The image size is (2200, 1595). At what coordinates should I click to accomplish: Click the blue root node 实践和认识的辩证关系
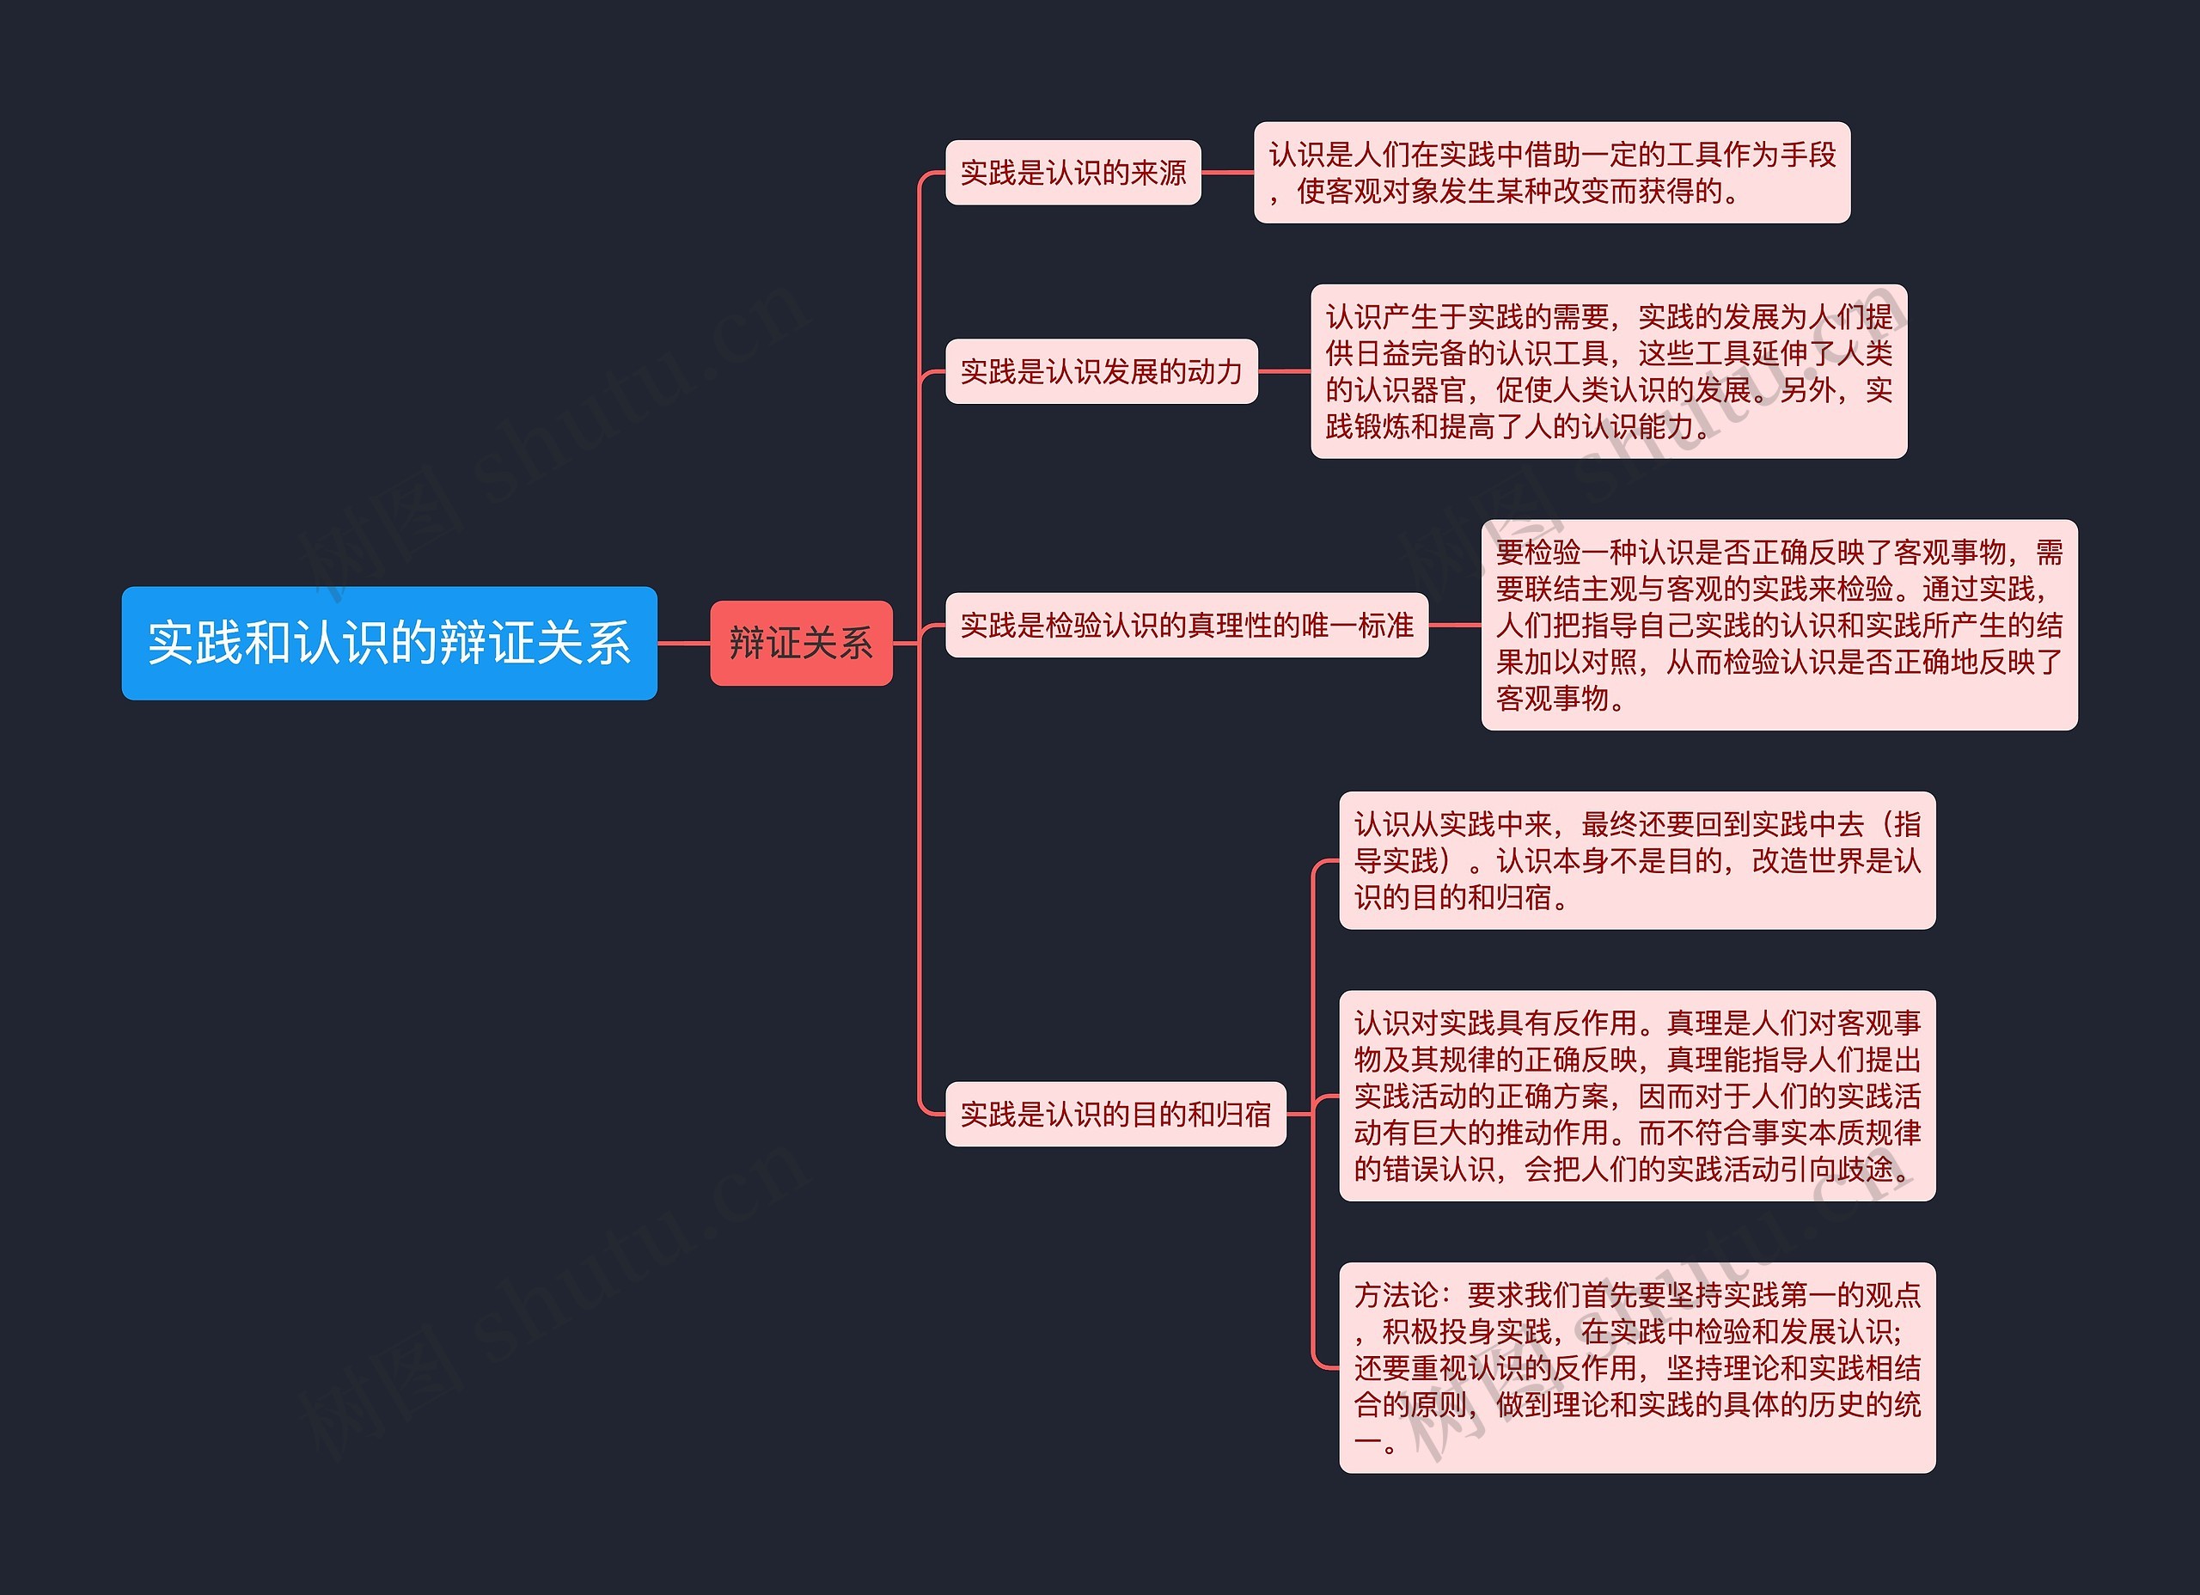point(389,642)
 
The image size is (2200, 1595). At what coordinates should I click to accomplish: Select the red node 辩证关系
point(800,642)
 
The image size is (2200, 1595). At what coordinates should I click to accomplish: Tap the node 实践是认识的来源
point(1072,173)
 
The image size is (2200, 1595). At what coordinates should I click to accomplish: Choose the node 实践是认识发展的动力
point(1101,371)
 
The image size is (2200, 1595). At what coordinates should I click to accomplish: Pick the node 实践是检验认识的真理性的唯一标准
point(1185,625)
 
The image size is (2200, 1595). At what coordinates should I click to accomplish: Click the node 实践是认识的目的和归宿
point(1115,1114)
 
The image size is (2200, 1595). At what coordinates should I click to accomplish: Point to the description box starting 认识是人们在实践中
point(1551,173)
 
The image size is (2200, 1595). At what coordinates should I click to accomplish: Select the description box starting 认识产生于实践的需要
point(1608,371)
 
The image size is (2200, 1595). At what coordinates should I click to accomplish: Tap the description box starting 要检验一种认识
point(1778,625)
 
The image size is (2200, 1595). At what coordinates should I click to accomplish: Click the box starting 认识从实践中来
point(1636,860)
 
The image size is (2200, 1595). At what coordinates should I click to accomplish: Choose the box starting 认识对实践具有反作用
point(1636,1096)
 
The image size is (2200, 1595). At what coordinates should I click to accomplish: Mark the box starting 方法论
point(1636,1367)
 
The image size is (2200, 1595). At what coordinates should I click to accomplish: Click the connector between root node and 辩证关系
point(684,642)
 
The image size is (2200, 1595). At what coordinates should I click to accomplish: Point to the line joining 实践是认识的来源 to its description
point(1227,173)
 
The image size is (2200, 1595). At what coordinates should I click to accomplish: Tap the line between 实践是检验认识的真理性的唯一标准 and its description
point(1454,625)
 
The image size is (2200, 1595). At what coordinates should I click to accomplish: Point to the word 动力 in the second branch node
point(1214,371)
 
